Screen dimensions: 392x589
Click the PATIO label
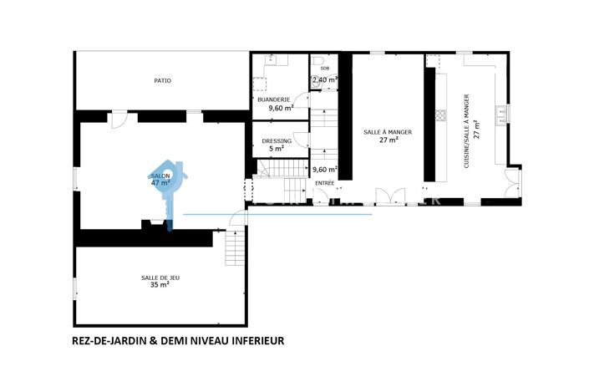[x=162, y=81]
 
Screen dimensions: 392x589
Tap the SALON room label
[x=160, y=176]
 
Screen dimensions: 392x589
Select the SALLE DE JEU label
[x=160, y=277]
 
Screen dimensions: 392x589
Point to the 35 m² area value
[x=160, y=285]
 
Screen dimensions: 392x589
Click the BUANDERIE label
[x=275, y=100]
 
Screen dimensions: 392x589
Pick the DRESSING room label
[x=277, y=141]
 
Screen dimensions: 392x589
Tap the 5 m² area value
[x=277, y=149]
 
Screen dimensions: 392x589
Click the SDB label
[x=324, y=69]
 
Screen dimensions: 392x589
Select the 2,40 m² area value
[x=324, y=80]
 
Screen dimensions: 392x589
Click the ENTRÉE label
[x=324, y=182]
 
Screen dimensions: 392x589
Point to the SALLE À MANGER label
[x=388, y=132]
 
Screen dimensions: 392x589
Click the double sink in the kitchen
[x=502, y=115]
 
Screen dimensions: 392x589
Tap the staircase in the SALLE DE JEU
[x=235, y=248]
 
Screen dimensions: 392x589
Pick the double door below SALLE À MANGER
[x=388, y=196]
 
